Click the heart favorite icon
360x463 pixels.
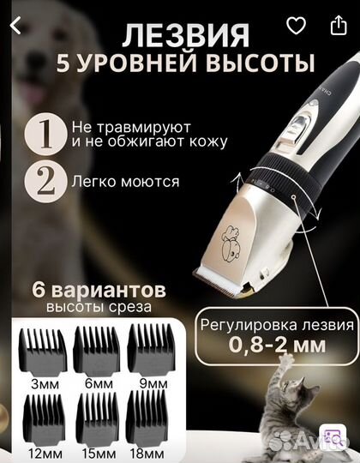point(296,27)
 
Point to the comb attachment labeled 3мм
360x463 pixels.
point(45,347)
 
